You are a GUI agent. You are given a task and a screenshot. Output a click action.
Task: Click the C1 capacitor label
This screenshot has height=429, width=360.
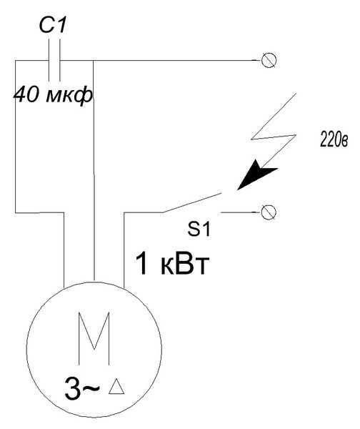point(53,26)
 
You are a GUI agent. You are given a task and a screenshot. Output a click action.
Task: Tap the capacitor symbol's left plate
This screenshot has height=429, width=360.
point(49,60)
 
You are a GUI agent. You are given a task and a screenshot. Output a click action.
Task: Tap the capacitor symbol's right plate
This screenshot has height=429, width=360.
point(59,60)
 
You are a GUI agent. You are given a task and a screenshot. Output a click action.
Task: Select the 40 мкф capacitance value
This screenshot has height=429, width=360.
point(54,95)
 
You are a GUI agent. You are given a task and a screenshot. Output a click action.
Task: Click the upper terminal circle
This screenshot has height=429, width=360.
point(269,60)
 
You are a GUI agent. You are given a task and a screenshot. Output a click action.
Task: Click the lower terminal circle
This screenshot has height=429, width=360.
point(269,212)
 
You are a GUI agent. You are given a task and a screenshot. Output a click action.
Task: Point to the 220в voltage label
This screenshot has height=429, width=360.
point(334,141)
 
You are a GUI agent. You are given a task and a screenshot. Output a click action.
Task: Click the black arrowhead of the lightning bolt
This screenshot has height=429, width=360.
point(254,175)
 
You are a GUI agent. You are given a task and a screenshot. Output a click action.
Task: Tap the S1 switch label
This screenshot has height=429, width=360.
point(199,230)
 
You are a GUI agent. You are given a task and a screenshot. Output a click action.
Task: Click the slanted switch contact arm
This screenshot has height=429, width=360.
point(191,203)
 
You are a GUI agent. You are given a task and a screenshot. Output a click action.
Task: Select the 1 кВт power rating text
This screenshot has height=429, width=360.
point(172,264)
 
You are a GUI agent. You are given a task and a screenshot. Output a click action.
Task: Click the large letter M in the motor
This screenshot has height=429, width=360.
point(94,338)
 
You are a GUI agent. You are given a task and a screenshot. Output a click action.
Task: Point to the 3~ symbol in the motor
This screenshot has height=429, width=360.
point(82,388)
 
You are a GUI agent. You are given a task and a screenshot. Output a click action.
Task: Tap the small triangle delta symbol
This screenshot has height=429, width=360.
point(116,386)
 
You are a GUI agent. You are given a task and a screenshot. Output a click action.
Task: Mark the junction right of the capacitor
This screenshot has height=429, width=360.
point(94,60)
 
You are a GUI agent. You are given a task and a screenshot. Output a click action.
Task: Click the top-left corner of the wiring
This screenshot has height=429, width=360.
point(15,60)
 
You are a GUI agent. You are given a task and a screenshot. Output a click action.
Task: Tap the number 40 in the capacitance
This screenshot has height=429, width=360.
point(26,94)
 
